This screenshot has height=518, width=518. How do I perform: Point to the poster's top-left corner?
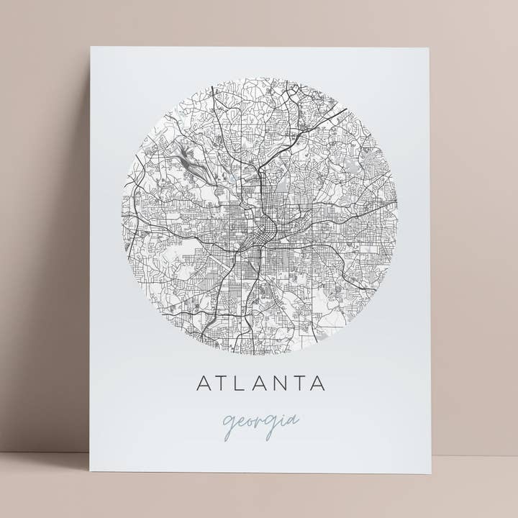91,48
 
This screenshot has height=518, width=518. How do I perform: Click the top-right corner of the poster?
429,48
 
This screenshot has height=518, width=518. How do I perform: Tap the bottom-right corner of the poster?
431,473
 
